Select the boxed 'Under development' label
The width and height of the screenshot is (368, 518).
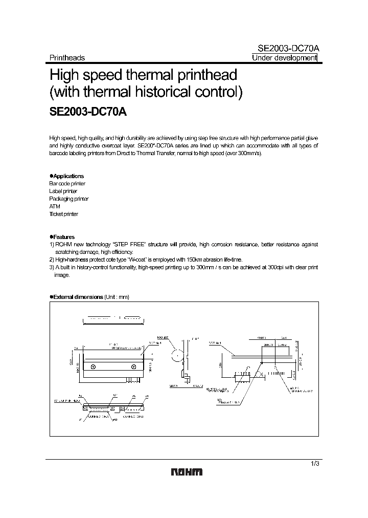pyautogui.click(x=284, y=58)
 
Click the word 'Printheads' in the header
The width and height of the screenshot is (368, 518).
pyautogui.click(x=67, y=58)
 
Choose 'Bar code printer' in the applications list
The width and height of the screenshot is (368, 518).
pyautogui.click(x=67, y=183)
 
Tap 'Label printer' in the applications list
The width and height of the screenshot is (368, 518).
pyautogui.click(x=63, y=191)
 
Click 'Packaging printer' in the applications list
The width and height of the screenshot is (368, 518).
pyautogui.click(x=69, y=199)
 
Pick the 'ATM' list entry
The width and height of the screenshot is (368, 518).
pyautogui.click(x=55, y=206)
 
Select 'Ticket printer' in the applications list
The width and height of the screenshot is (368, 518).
pyautogui.click(x=64, y=214)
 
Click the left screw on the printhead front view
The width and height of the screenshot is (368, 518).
pyautogui.click(x=93, y=366)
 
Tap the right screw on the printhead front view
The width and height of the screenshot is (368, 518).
pyautogui.click(x=134, y=366)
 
